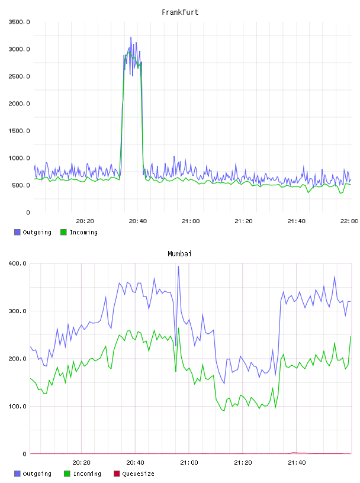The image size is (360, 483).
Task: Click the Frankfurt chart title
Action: click(x=180, y=12)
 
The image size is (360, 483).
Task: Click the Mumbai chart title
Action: click(x=179, y=254)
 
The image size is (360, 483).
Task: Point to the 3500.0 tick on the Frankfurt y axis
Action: click(x=20, y=22)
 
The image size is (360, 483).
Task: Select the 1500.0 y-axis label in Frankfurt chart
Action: click(x=20, y=131)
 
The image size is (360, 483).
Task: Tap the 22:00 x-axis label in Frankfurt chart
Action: click(x=349, y=221)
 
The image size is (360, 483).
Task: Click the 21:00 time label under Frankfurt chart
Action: click(x=191, y=221)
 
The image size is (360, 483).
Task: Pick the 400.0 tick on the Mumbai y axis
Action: click(x=18, y=263)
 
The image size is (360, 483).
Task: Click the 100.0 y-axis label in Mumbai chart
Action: click(x=18, y=406)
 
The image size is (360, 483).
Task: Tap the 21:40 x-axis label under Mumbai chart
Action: click(x=297, y=463)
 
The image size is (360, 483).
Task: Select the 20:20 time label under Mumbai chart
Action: click(x=81, y=463)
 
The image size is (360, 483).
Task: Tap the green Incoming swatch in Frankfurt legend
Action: click(x=63, y=232)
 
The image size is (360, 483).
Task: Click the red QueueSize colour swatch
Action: click(x=117, y=474)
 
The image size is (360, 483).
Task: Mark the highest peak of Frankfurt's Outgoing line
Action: click(x=131, y=37)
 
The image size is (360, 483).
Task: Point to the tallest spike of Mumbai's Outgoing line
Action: click(x=178, y=266)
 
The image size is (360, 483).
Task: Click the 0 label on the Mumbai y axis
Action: click(x=25, y=454)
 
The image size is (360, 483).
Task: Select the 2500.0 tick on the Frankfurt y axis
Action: click(x=20, y=76)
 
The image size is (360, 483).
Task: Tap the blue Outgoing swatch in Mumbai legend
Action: click(x=17, y=474)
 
